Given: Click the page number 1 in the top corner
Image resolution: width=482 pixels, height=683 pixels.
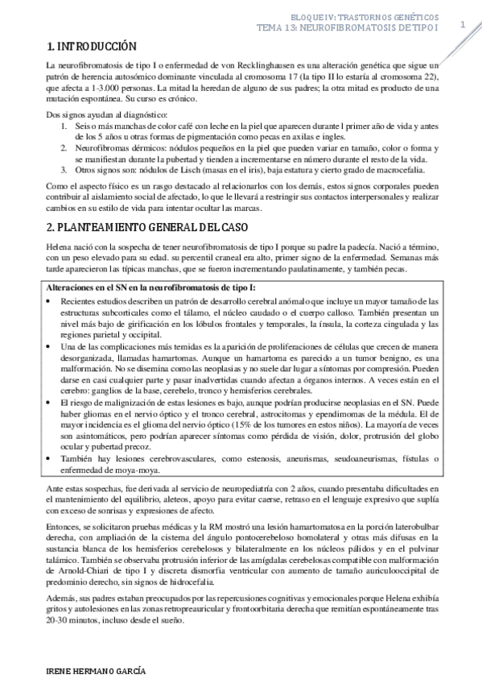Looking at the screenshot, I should point(463,23).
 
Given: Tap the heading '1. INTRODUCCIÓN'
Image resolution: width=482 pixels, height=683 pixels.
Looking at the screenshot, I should point(91,46).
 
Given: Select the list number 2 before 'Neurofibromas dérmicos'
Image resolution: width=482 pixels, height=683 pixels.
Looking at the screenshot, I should point(64,149).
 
